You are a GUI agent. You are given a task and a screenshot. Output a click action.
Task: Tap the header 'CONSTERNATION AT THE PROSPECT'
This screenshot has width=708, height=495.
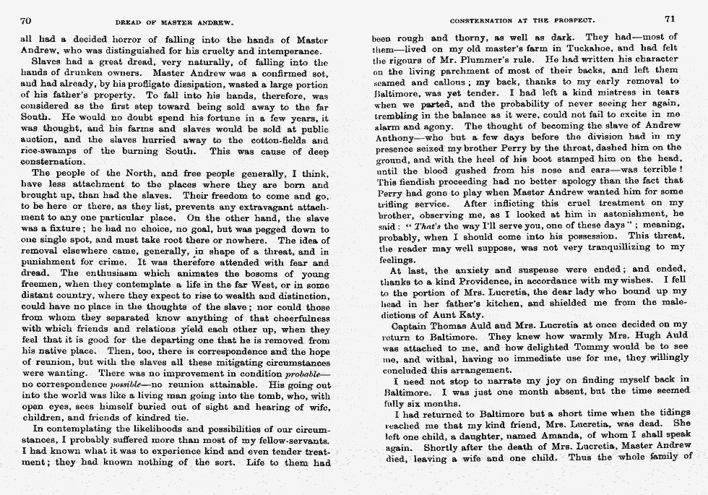pyautogui.click(x=522, y=22)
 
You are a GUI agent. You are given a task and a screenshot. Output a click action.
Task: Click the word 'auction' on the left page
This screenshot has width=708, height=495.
pyautogui.click(x=40, y=140)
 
